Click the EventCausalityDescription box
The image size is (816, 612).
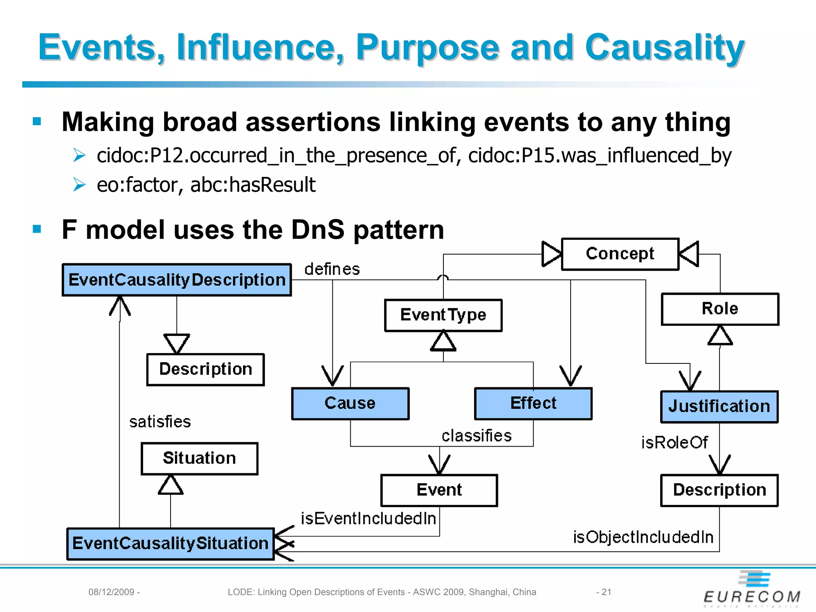pyautogui.click(x=177, y=280)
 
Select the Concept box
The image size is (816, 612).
pyautogui.click(x=620, y=254)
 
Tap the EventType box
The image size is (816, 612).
pyautogui.click(x=443, y=315)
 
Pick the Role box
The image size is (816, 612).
pyautogui.click(x=720, y=309)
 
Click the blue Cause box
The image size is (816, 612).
pyautogui.click(x=350, y=403)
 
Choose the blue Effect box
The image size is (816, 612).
pyautogui.click(x=533, y=403)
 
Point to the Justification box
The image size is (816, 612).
pyautogui.click(x=719, y=406)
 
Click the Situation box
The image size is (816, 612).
pyautogui.click(x=199, y=458)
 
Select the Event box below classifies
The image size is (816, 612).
pyautogui.click(x=439, y=490)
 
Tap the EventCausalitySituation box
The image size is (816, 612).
pyautogui.click(x=171, y=543)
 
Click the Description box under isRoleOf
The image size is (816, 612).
pyautogui.click(x=719, y=490)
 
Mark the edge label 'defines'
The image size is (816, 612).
pyautogui.click(x=332, y=269)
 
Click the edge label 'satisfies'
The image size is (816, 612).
pyautogui.click(x=160, y=422)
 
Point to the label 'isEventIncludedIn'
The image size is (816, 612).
pyautogui.click(x=368, y=518)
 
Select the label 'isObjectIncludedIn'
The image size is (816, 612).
pyautogui.click(x=643, y=537)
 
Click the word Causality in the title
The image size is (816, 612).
pyautogui.click(x=665, y=48)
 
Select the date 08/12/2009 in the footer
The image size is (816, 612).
pyautogui.click(x=111, y=592)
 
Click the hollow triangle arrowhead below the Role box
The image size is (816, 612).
pyautogui.click(x=720, y=335)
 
